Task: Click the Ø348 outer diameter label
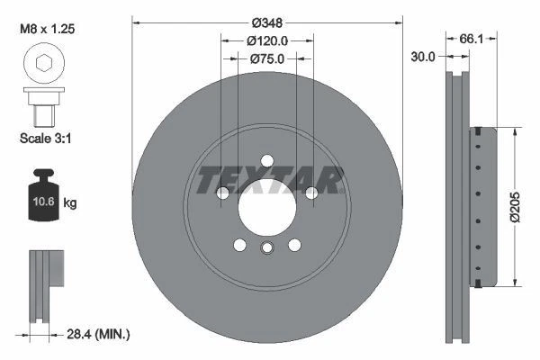point(267,21)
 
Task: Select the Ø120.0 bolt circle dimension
point(267,40)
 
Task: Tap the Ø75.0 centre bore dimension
point(267,59)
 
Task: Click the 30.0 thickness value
point(423,56)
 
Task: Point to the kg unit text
point(69,203)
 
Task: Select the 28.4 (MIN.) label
point(98,335)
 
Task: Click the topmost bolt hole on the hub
point(267,161)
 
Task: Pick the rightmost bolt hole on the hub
point(310,193)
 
